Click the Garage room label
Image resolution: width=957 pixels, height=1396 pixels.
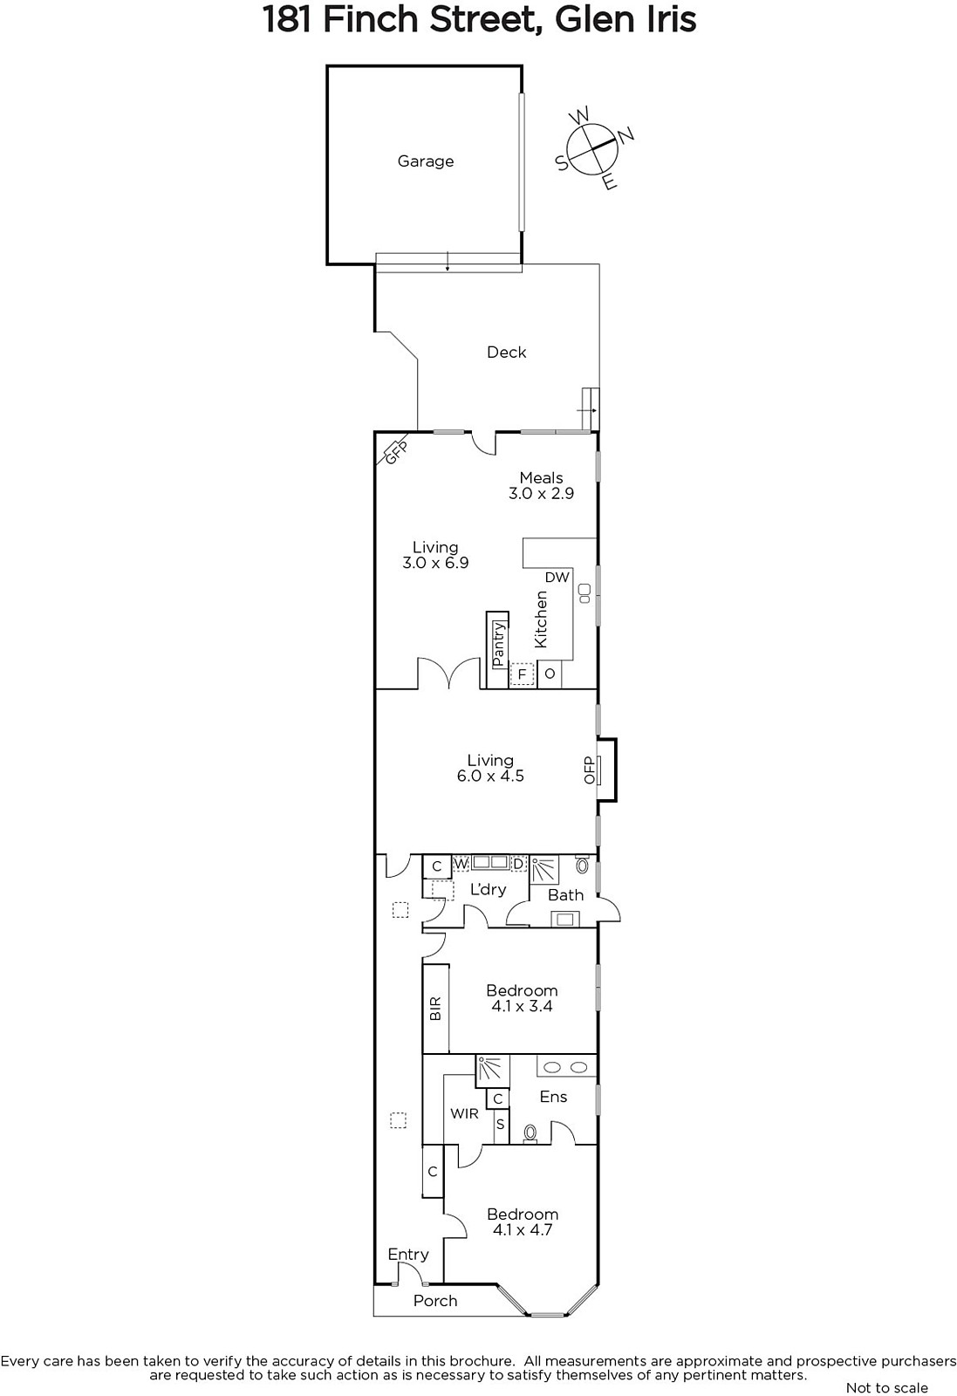click(426, 161)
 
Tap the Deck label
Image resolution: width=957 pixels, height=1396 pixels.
click(507, 352)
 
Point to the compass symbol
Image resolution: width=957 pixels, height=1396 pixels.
click(592, 148)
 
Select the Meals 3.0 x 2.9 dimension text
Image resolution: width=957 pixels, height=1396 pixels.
click(542, 494)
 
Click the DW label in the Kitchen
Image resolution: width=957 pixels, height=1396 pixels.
click(557, 578)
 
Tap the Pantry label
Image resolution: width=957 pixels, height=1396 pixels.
click(498, 644)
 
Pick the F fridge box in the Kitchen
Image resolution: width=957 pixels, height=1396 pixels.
click(522, 674)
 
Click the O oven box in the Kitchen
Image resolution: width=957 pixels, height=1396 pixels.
click(550, 674)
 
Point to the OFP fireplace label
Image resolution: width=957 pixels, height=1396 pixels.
click(590, 770)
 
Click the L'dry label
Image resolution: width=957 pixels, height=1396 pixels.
click(488, 890)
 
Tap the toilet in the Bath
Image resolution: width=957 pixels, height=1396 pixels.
click(583, 865)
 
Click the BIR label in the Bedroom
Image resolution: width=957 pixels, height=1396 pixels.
click(435, 1009)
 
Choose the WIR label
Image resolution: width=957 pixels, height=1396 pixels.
click(464, 1113)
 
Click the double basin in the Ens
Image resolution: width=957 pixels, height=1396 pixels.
click(566, 1068)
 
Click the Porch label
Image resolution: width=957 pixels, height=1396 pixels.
click(435, 1301)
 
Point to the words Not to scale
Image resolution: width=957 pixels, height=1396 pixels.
click(886, 1387)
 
